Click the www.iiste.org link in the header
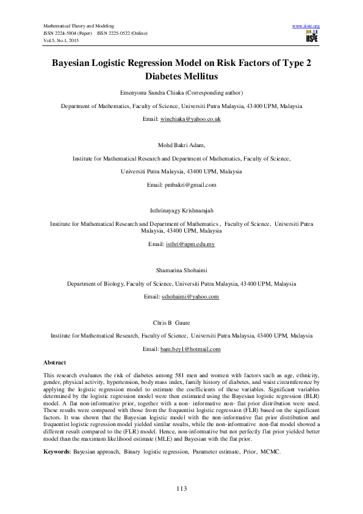point(306,26)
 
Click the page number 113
point(181,489)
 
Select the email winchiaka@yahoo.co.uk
point(190,119)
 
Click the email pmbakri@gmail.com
point(182,184)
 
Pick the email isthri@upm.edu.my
point(190,244)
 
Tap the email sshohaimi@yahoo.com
point(190,297)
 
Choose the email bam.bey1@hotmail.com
point(190,349)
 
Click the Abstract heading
point(56,362)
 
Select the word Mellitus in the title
point(196,78)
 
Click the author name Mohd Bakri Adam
point(181,145)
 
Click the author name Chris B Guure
point(181,323)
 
